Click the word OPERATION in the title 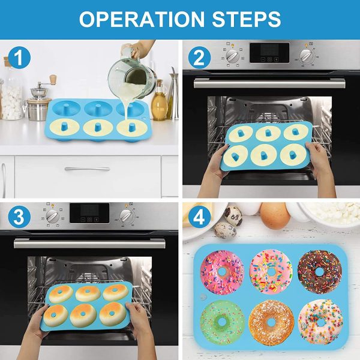[x=142, y=19]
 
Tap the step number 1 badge [x=19, y=58]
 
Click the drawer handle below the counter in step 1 [x=88, y=169]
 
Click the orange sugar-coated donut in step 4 [x=271, y=322]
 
